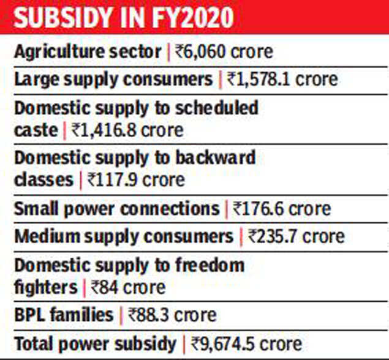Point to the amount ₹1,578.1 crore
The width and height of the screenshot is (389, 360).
click(x=281, y=80)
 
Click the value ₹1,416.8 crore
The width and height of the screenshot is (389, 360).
click(x=127, y=130)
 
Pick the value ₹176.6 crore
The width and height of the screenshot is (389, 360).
click(x=282, y=209)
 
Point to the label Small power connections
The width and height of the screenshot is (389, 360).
click(x=116, y=209)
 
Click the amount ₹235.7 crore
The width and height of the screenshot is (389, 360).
click(x=296, y=236)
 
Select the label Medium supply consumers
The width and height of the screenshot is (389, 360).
click(x=124, y=236)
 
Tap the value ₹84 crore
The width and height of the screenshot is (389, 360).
click(x=128, y=287)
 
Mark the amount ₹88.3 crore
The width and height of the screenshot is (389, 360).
click(x=173, y=315)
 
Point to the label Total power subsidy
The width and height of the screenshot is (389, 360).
click(x=94, y=343)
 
